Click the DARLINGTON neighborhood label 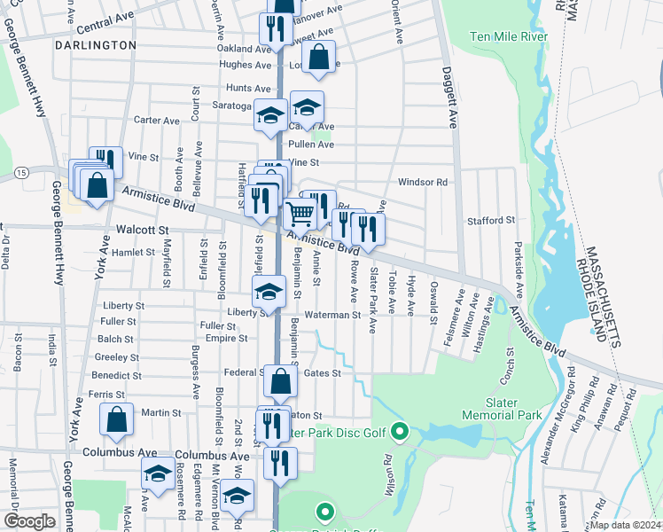click(x=96, y=44)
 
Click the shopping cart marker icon click(x=300, y=213)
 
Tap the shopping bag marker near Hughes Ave click(x=320, y=58)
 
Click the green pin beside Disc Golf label click(x=399, y=433)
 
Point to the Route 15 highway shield click(x=21, y=170)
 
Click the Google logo click(x=29, y=521)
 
